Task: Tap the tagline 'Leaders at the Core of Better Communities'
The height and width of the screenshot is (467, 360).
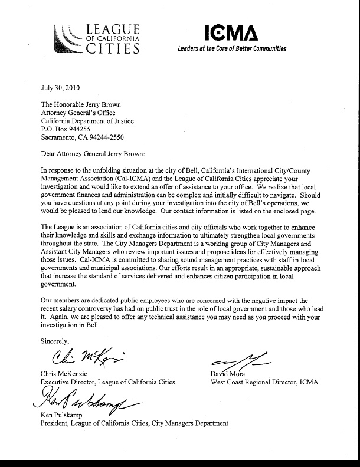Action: pos(231,49)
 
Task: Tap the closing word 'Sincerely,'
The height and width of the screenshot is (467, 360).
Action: pos(55,341)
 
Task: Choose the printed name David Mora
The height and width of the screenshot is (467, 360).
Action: pos(227,374)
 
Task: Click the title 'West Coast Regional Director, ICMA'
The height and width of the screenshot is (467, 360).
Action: pos(264,382)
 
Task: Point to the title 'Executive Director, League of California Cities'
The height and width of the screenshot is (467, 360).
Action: pos(108,382)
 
